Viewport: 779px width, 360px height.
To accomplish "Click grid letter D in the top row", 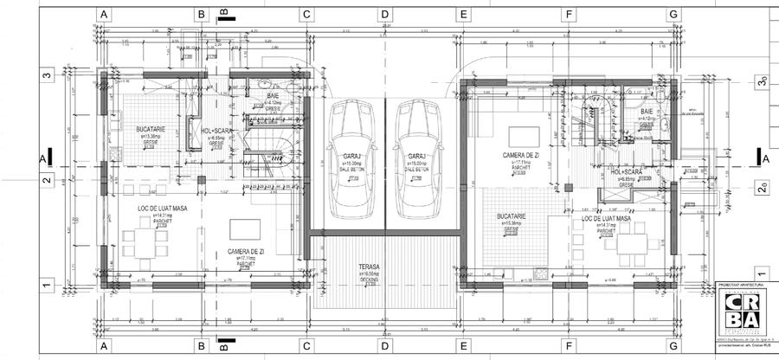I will [x=384, y=15].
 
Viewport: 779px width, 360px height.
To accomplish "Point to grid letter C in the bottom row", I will [x=306, y=346].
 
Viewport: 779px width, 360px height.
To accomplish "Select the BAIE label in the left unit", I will [x=273, y=95].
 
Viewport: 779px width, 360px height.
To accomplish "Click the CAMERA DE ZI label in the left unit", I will [x=248, y=251].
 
